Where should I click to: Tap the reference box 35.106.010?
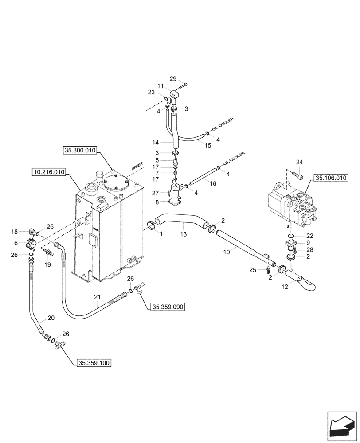331,179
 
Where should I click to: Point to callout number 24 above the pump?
299,162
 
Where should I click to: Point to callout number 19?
48,265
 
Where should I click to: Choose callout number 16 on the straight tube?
213,183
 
